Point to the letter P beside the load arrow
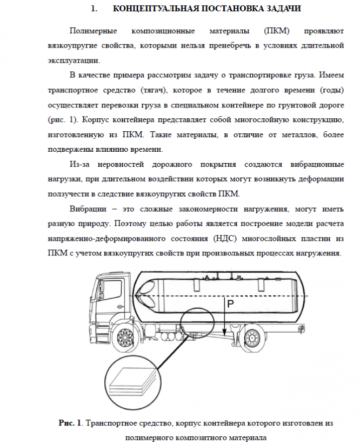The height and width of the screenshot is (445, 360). click(x=230, y=305)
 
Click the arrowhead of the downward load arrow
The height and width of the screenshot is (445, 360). click(x=224, y=331)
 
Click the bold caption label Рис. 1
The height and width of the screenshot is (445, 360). click(x=70, y=423)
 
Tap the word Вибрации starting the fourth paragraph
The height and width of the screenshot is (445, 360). click(x=88, y=208)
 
